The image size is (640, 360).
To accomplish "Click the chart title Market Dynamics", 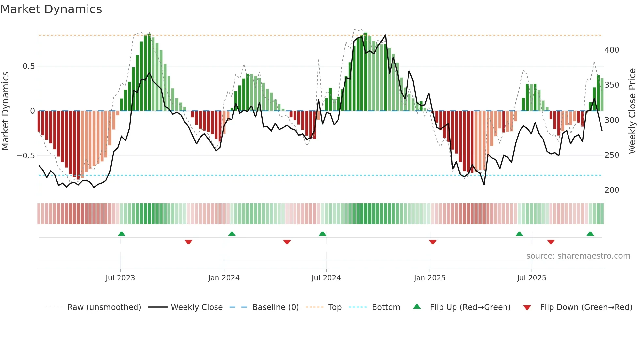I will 51,9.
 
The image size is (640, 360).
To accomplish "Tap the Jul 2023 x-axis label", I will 120,278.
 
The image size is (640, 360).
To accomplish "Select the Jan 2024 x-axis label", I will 224,278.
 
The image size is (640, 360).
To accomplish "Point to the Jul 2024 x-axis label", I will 326,278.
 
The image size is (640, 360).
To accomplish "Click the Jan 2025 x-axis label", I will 429,278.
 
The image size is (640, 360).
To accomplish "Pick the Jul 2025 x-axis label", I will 531,278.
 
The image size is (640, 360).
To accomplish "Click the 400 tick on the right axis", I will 612,50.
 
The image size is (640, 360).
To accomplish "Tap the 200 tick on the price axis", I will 612,190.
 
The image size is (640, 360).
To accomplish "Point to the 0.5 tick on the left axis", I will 28,66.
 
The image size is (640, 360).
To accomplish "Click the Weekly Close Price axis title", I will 632,111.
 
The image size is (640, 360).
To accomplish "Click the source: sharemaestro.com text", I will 578,256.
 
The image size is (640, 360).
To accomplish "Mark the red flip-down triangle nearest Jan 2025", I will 433,242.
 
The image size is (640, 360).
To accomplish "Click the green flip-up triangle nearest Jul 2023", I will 121,234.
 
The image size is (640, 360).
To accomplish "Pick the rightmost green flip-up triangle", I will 590,234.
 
